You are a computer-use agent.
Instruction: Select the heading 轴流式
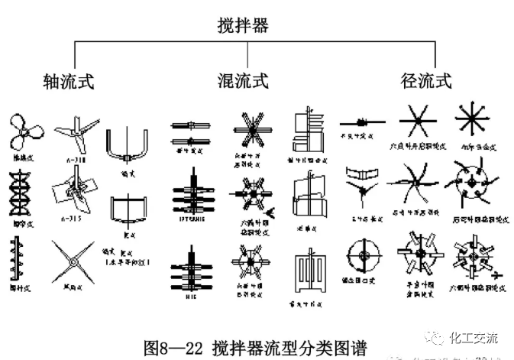(x=68, y=80)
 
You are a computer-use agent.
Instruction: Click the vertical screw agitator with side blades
(x=20, y=256)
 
